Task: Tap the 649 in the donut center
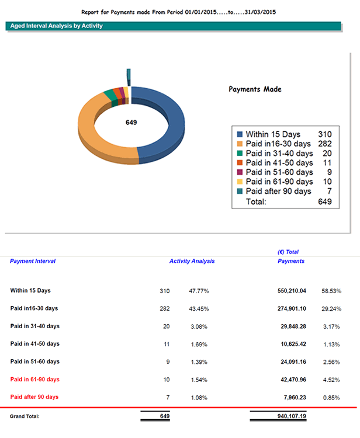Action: coord(131,123)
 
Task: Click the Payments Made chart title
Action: coord(255,89)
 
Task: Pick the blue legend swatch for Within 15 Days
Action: coord(238,134)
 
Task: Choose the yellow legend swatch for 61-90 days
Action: coord(238,182)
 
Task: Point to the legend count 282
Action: coord(324,144)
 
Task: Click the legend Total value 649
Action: coord(326,201)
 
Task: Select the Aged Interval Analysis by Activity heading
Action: coord(57,26)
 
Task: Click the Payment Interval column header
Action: coord(33,261)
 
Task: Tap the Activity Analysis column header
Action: coord(192,261)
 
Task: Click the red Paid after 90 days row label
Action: coord(34,397)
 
